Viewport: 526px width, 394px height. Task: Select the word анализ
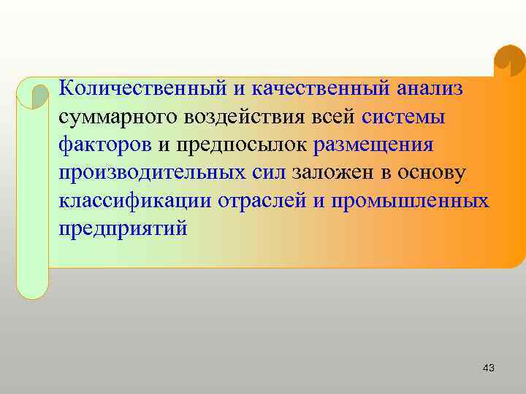tap(430, 88)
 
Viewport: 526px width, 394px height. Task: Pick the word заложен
tap(331, 173)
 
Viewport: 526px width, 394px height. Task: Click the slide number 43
tap(489, 368)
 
